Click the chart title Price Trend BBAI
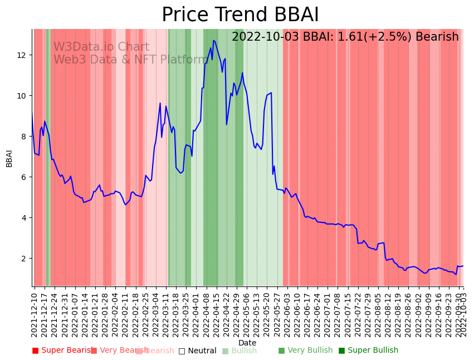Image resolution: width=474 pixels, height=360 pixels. (x=240, y=15)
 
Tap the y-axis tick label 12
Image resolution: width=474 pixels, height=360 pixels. (x=23, y=55)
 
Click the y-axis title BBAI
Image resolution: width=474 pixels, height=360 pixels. (x=9, y=158)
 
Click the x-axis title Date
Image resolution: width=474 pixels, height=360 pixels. (x=247, y=343)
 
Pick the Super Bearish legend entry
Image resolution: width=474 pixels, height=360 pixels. (x=62, y=351)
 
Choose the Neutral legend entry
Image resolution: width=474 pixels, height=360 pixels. (x=197, y=351)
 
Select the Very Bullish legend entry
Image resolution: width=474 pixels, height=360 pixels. (x=305, y=351)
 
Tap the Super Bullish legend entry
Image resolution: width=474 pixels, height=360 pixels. (x=368, y=351)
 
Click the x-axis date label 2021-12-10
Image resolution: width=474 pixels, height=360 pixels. (x=35, y=314)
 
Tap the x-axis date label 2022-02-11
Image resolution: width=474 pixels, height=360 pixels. (x=126, y=314)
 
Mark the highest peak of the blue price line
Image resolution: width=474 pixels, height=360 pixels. (x=213, y=40)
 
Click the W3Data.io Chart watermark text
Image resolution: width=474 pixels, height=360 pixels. (x=101, y=47)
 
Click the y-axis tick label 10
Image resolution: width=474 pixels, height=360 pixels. (x=23, y=96)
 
